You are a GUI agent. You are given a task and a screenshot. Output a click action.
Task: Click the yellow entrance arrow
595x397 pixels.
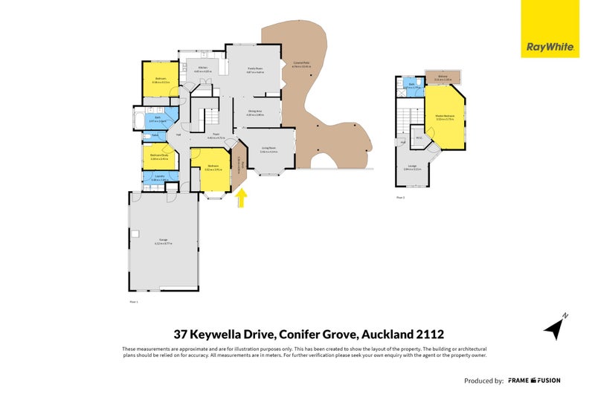[241, 198]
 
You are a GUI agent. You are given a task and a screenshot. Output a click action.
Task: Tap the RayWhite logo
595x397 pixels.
[550, 46]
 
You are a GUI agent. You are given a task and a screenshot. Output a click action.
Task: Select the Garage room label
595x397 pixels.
[163, 240]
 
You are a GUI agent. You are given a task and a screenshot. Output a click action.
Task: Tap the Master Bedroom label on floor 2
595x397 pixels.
[445, 116]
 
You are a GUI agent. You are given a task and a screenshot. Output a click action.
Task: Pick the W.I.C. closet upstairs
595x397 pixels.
[419, 138]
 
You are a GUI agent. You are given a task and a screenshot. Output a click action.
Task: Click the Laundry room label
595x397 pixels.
[160, 176]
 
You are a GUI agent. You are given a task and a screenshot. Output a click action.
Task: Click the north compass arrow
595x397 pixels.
[553, 326]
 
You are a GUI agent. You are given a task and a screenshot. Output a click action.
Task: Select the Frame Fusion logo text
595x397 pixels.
[534, 381]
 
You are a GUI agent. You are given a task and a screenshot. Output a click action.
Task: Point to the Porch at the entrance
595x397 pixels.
[237, 167]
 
